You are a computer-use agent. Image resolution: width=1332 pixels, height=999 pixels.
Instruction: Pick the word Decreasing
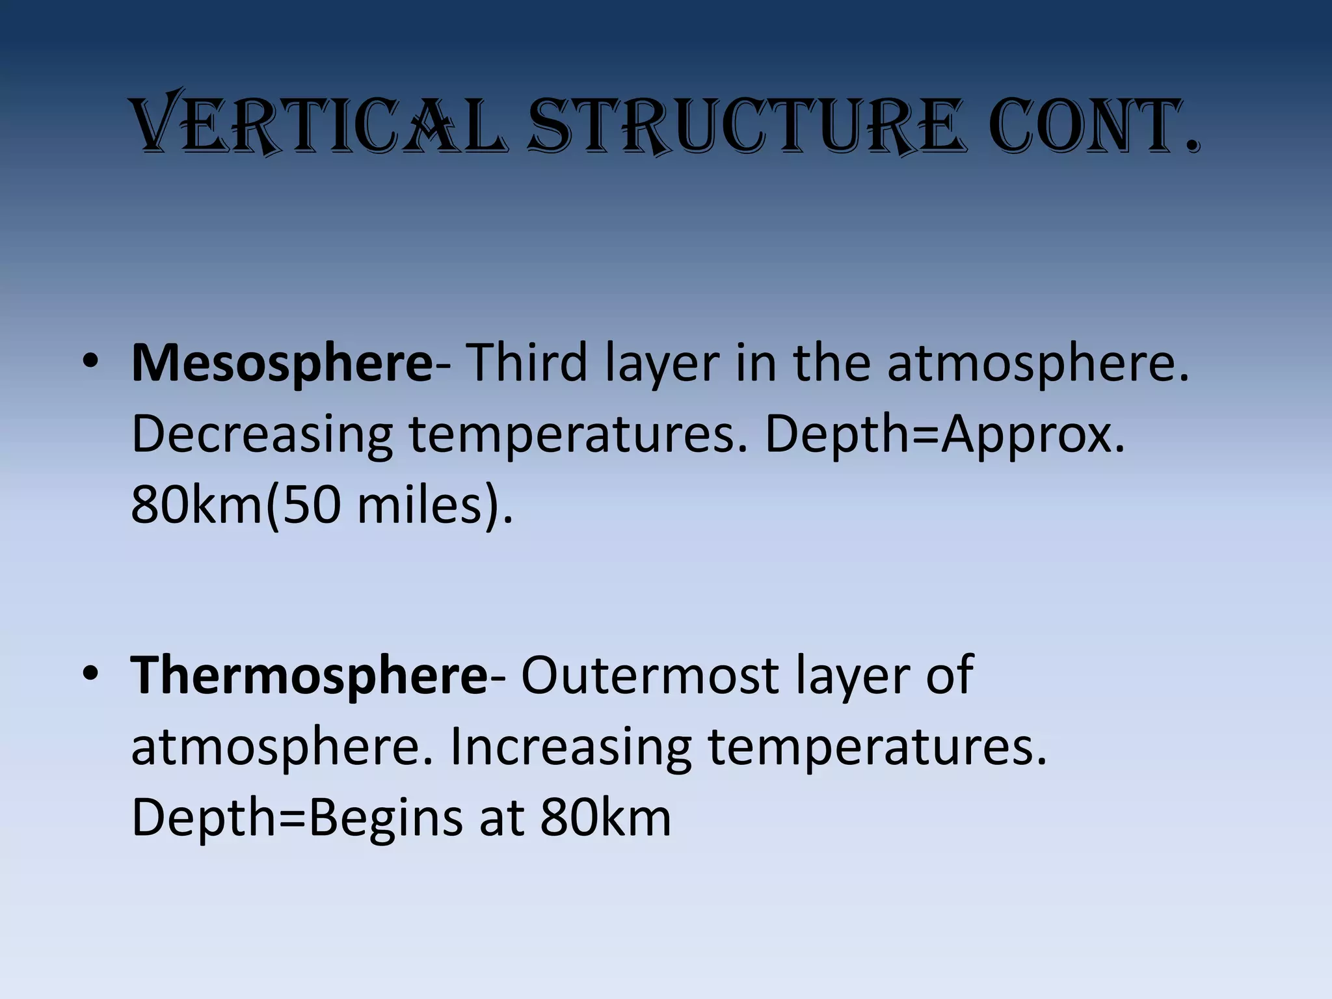pyautogui.click(x=261, y=436)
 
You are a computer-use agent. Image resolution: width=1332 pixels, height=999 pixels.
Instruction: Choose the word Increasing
pyautogui.click(x=570, y=748)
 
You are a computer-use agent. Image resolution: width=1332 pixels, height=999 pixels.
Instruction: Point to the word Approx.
pyautogui.click(x=1033, y=436)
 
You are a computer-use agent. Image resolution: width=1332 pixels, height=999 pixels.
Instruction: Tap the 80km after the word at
pyautogui.click(x=605, y=818)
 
